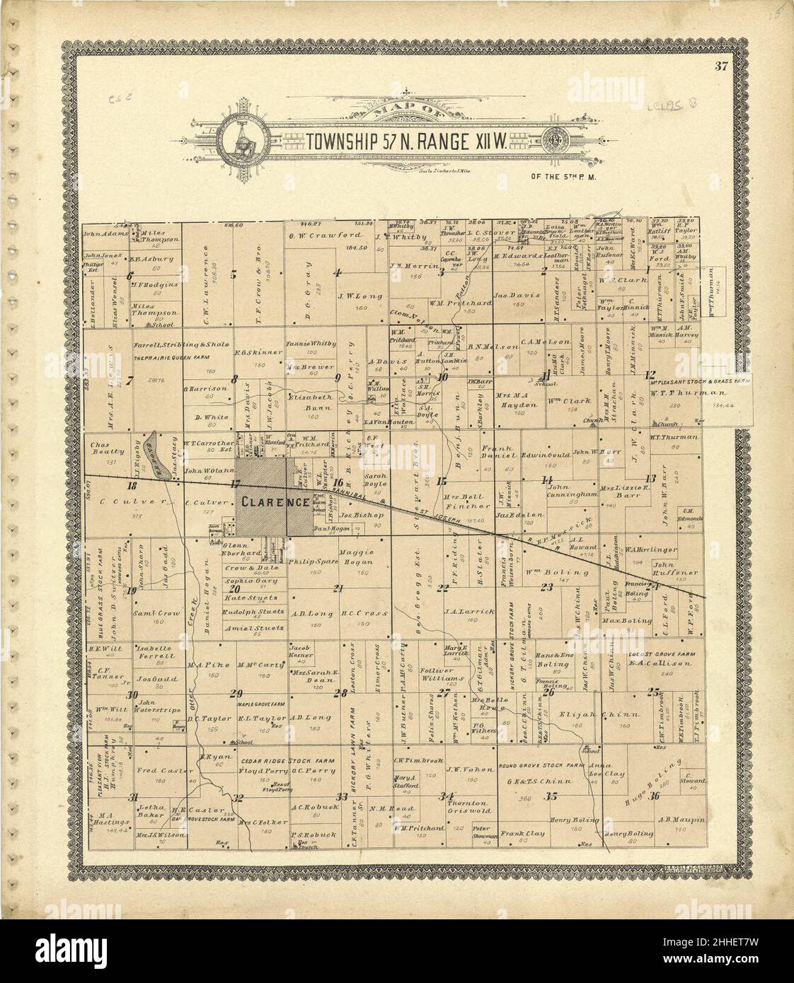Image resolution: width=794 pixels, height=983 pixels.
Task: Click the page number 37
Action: [721, 68]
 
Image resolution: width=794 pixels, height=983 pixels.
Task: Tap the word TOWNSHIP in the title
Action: [345, 140]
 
